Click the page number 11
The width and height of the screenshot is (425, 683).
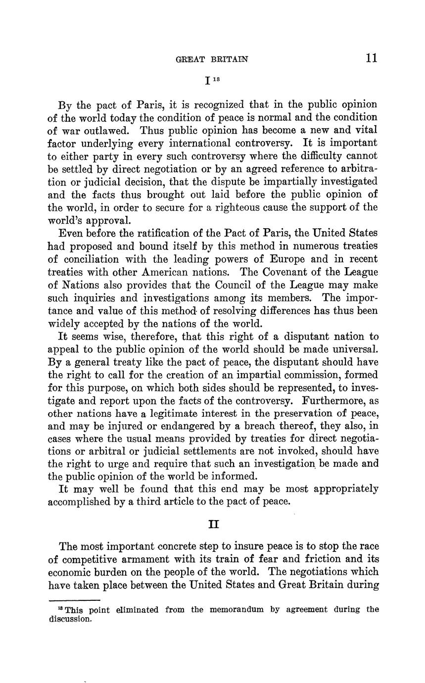pyautogui.click(x=372, y=58)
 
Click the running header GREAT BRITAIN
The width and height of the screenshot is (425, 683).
pyautogui.click(x=212, y=59)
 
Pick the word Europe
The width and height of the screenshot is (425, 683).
pyautogui.click(x=288, y=259)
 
